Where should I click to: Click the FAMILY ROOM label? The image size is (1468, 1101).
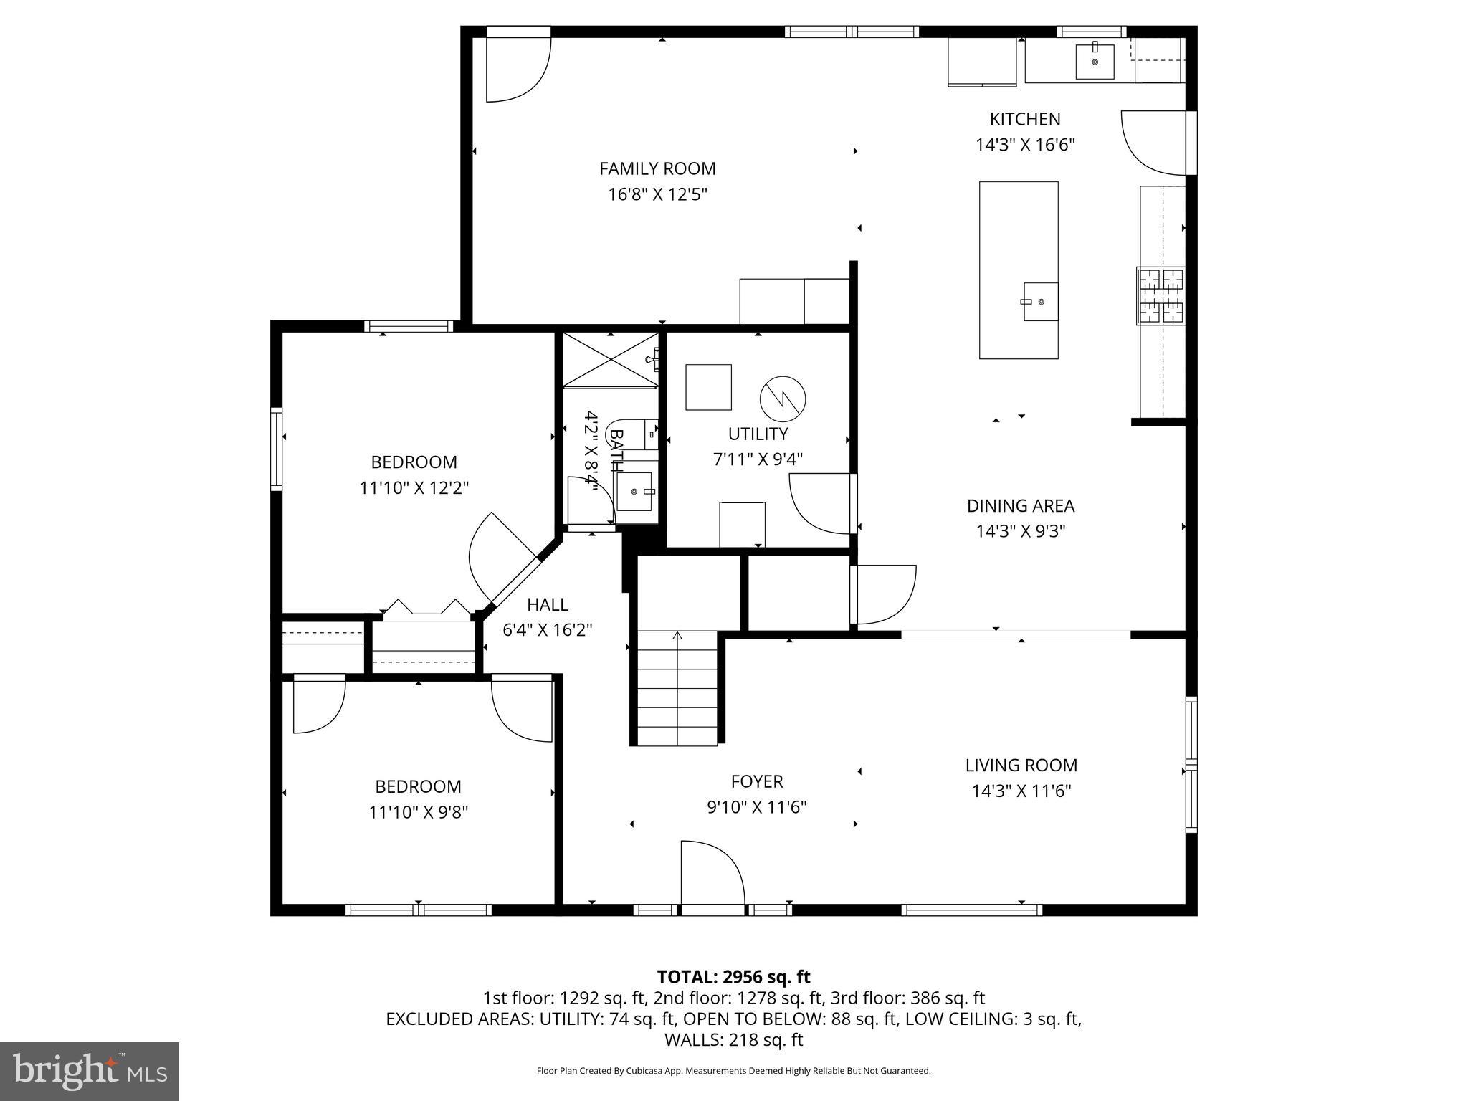657,168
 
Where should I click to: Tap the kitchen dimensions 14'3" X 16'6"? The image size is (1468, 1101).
1025,145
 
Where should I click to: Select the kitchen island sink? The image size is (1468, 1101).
1040,302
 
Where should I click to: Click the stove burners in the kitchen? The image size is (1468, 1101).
1160,295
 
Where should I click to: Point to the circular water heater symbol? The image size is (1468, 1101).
783,398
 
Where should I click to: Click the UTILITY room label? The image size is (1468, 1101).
758,434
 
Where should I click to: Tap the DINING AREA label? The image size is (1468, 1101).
1020,506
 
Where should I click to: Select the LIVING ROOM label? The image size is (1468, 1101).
1021,765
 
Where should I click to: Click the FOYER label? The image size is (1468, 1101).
757,781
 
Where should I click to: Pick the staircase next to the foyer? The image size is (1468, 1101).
677,688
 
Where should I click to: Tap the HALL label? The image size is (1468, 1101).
548,604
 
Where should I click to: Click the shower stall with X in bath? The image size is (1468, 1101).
610,360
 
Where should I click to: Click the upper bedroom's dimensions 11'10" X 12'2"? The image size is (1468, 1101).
414,488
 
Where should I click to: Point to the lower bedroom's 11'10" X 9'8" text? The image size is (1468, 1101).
418,812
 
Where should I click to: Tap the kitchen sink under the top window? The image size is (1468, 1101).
1095,60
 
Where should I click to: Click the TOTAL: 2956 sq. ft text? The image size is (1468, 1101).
733,977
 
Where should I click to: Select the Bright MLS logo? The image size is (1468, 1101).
90,1072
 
